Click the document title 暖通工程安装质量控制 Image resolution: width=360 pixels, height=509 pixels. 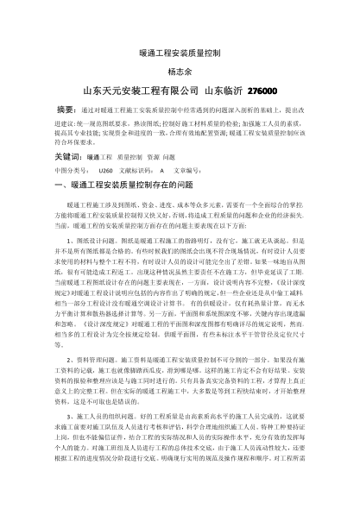tap(180, 53)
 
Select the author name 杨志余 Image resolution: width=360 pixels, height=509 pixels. tap(179, 72)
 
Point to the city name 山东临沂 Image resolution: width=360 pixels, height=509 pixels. tap(222, 91)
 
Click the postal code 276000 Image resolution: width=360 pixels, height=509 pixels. tap(263, 91)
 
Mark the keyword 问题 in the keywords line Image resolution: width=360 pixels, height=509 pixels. tap(168, 159)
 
